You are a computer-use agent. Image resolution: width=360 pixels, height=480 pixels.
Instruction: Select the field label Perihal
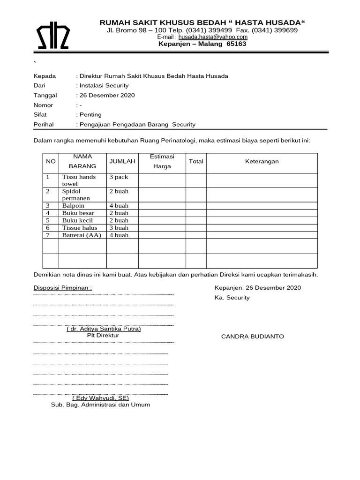pos(44,124)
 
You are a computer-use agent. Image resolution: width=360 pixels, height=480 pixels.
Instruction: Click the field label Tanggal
pos(45,95)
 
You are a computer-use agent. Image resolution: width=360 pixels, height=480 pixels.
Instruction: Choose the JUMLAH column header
pos(122,161)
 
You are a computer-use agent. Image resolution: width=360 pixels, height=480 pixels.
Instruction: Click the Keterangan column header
pos(262,161)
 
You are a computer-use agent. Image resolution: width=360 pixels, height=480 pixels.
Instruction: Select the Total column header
pos(196,161)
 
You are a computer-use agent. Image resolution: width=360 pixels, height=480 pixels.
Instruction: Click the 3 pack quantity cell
pos(119,177)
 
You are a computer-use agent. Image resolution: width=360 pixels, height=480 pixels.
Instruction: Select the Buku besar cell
pos(78,213)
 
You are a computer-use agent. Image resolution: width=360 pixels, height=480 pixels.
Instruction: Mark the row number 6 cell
pos(48,228)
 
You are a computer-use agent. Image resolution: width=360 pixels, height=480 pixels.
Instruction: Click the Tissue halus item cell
pos(80,228)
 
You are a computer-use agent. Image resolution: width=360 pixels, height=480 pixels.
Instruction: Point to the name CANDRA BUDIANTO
pos(252,337)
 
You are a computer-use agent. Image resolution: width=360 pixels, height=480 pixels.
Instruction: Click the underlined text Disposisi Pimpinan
pos(63,288)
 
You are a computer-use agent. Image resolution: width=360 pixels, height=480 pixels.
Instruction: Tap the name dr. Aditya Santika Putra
pos(104,329)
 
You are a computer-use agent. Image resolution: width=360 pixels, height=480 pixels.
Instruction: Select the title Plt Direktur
pos(103,336)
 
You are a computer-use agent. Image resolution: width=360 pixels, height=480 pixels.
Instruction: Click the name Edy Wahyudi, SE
pos(97,398)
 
